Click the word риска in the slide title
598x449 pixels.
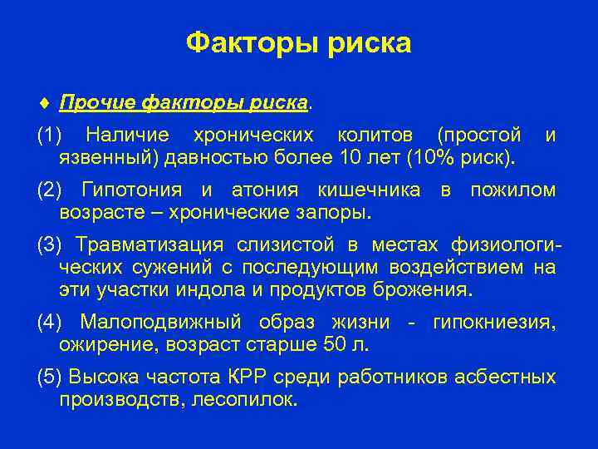coord(367,42)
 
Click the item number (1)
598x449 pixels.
coord(50,135)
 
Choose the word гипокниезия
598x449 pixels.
coord(494,322)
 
